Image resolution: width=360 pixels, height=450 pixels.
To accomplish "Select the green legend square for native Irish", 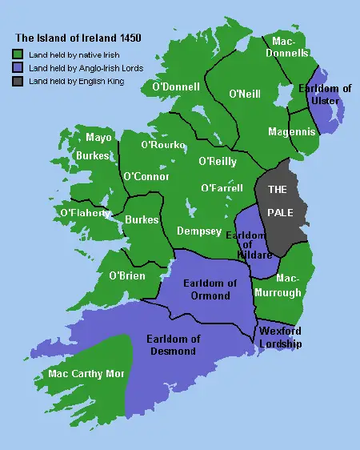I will pos(18,54).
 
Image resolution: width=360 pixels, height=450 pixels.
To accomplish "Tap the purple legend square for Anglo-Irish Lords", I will pos(18,68).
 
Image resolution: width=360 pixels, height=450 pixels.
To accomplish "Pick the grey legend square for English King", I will pos(18,82).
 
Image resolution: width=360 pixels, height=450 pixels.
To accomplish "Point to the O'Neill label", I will pos(243,94).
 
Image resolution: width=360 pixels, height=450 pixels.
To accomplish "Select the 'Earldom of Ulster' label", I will pos(324,94).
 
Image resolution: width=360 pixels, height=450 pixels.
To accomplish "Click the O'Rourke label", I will pos(163,145).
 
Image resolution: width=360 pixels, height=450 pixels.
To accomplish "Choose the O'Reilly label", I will pos(217,161).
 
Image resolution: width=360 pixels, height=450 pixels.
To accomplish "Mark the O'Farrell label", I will pos(222,188).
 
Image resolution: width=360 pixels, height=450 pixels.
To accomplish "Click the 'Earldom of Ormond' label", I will pos(210,289).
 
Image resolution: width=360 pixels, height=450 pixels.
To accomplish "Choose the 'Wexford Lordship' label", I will pos(279,336).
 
